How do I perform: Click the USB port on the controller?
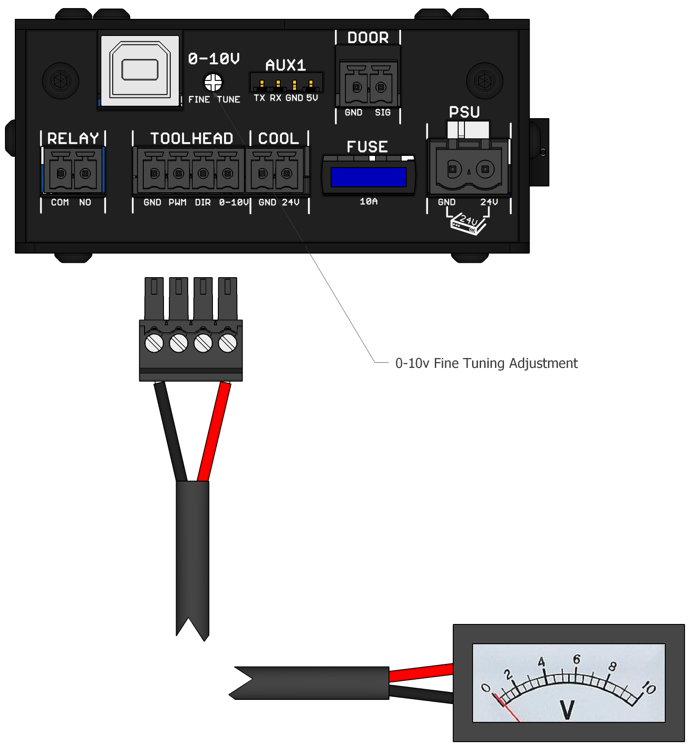140,71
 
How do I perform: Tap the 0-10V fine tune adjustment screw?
213,82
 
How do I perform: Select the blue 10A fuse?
368,177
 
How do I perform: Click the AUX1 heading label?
286,66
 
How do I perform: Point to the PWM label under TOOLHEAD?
177,203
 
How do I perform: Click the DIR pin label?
203,203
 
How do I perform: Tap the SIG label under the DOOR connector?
383,113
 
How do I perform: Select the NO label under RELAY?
85,203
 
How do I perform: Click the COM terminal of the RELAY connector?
61,173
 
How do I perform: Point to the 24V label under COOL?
291,203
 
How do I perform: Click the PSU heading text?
464,112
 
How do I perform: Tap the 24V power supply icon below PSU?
468,224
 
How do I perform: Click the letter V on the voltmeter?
567,710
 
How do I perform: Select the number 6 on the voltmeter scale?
577,659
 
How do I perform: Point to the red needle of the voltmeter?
508,709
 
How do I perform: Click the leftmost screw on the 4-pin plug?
154,344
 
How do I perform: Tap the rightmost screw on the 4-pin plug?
227,344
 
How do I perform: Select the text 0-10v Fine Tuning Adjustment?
486,363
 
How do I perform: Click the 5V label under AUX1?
312,98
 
